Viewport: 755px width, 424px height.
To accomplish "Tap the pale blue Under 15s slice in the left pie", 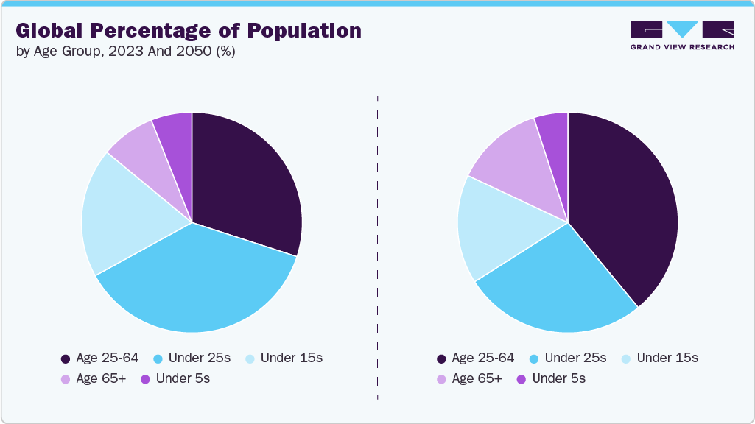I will coord(122,217).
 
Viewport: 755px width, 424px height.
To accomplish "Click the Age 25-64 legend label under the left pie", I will coord(108,358).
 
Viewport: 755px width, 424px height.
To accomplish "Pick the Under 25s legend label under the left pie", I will coord(200,358).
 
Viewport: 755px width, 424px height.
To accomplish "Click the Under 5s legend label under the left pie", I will coord(183,379).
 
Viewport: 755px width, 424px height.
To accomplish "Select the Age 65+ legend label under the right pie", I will coord(477,379).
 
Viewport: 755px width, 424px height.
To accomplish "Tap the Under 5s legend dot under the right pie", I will coord(522,379).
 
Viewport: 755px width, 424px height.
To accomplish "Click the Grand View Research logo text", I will coord(682,47).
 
